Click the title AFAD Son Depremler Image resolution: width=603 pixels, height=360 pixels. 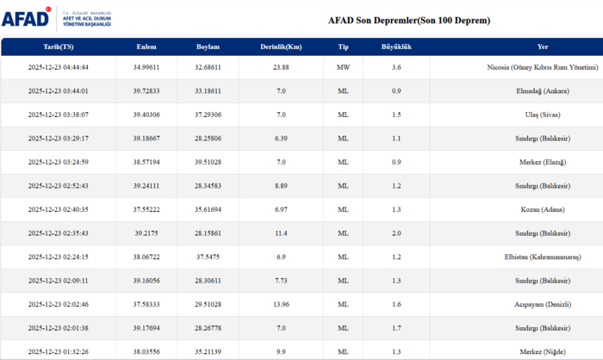(409, 20)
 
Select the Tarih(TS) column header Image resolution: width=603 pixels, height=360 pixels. (58, 47)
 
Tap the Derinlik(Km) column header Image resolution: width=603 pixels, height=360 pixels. (280, 47)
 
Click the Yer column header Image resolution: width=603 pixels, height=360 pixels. (543, 47)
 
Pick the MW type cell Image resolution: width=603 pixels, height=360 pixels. (343, 66)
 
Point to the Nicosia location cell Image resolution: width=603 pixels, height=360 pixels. (542, 66)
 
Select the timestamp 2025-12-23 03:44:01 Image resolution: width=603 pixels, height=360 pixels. (58, 90)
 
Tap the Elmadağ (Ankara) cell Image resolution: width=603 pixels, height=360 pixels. (567, 90)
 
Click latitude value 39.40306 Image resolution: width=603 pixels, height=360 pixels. (146, 114)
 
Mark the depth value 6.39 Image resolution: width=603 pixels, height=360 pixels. (280, 138)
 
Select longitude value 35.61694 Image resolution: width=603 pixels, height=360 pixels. (208, 209)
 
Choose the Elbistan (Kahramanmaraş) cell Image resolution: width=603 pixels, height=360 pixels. (555, 257)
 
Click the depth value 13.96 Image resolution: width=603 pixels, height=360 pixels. (280, 304)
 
